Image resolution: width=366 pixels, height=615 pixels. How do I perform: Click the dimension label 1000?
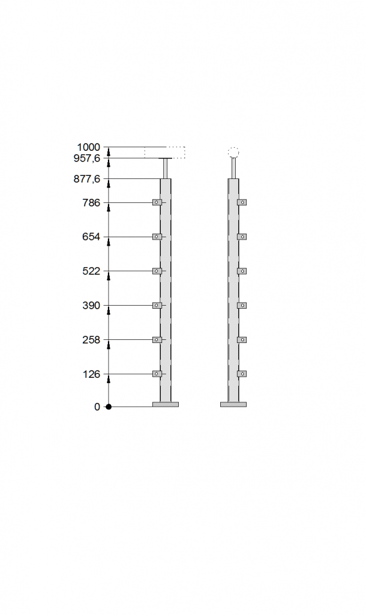89,147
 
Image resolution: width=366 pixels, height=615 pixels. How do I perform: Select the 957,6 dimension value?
87,158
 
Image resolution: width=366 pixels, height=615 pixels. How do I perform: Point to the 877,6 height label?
87,179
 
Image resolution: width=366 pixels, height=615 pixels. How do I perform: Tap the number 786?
91,203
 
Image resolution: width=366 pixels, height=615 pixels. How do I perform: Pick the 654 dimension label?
91,237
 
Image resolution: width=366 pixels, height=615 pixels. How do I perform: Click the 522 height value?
91,271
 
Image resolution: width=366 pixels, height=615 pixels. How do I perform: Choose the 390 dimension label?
91,306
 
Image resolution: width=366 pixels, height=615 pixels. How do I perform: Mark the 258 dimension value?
91,340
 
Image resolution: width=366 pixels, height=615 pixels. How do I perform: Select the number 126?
91,374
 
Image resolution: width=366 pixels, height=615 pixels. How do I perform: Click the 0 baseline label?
97,407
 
